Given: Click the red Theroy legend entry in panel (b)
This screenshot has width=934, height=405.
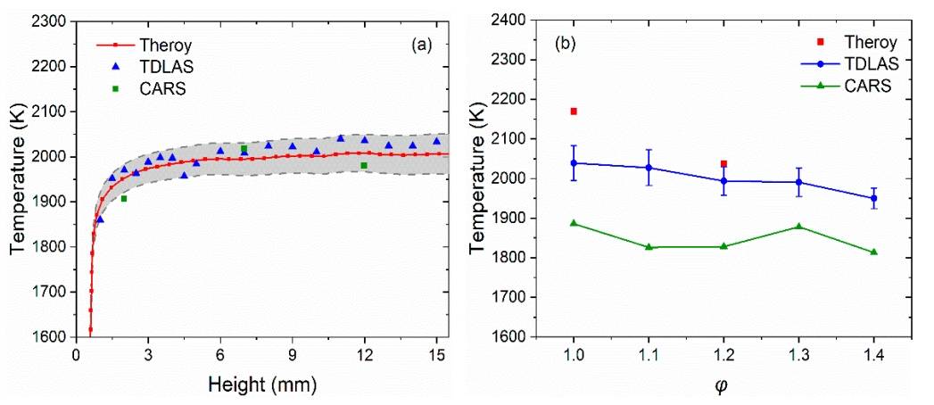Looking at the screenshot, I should [x=873, y=42].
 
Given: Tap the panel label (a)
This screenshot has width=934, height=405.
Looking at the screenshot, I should [x=416, y=44].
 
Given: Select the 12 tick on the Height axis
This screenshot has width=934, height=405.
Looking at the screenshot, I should [x=364, y=356].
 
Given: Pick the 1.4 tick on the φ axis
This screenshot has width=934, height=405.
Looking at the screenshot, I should [x=873, y=355].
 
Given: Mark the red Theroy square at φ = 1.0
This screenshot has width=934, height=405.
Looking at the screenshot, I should [x=574, y=112].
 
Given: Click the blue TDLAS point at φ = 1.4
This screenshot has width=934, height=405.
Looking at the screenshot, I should [x=873, y=198].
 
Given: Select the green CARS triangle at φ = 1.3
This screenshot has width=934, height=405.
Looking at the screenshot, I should [x=798, y=227].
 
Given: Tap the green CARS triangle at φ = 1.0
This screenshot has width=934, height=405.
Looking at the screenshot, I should [x=574, y=223].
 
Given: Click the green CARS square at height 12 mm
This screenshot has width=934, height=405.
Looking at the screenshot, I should [x=364, y=165].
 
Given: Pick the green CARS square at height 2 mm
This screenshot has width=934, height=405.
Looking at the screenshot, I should [x=124, y=198].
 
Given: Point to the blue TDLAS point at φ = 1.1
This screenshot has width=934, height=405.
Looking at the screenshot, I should [x=649, y=168].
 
